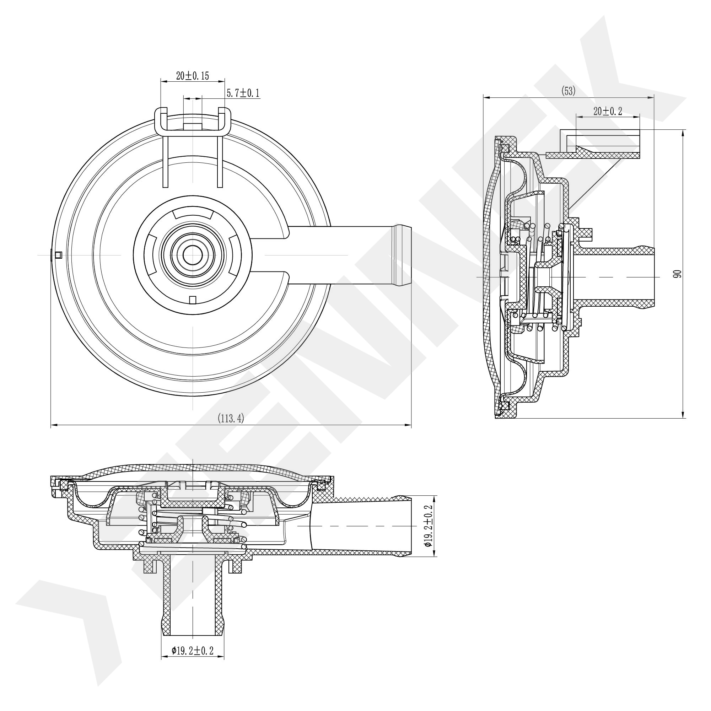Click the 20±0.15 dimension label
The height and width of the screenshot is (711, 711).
pyautogui.click(x=192, y=76)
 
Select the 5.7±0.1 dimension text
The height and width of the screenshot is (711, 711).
pyautogui.click(x=243, y=93)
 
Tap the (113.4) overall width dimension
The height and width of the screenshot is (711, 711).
pyautogui.click(x=231, y=418)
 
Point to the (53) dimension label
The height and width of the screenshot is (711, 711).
pyautogui.click(x=568, y=91)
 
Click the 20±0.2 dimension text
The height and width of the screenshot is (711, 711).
pyautogui.click(x=608, y=111)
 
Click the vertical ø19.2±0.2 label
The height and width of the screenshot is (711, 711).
pyautogui.click(x=428, y=526)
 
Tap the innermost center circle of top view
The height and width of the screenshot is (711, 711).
pyautogui.click(x=193, y=255)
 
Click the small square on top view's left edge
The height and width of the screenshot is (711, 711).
pyautogui.click(x=58, y=255)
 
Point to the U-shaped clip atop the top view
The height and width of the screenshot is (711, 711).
pyautogui.click(x=193, y=122)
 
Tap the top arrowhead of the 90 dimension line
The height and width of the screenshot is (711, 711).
pyautogui.click(x=683, y=133)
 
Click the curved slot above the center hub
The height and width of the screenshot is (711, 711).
pyautogui.click(x=193, y=214)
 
